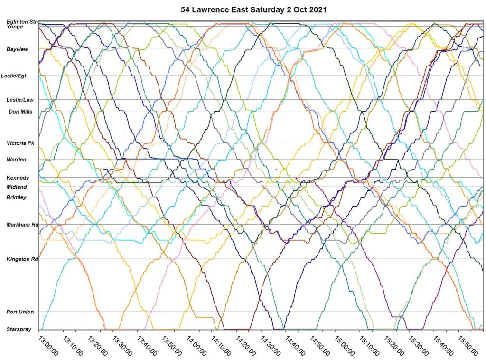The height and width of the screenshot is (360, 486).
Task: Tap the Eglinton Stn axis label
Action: tap(22, 22)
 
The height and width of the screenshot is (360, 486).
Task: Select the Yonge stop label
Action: tap(15, 27)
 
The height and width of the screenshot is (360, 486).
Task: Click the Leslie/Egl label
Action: tap(14, 76)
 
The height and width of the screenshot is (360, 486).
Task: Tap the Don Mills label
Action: tap(20, 112)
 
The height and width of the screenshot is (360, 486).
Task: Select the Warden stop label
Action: tap(17, 160)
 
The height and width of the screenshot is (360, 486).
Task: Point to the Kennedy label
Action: tap(18, 178)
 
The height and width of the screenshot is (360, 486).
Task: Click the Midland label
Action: tap(17, 187)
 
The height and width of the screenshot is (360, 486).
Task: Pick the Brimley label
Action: tap(17, 197)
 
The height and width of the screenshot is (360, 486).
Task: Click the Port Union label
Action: tap(20, 312)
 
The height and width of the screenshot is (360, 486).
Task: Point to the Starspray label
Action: tap(19, 329)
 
